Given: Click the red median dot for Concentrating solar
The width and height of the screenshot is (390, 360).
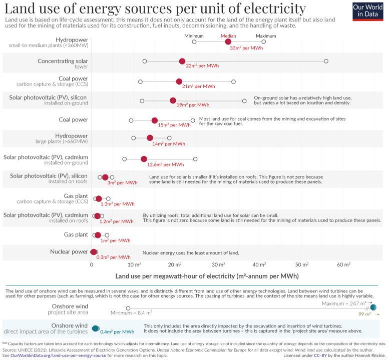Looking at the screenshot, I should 182,61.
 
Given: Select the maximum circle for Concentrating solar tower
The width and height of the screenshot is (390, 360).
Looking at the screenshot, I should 326,61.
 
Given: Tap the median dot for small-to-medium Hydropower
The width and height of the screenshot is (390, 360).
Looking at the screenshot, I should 228,41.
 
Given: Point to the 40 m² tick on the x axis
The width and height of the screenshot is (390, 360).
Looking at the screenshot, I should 259,263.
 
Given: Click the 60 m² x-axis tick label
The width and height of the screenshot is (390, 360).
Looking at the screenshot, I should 343,263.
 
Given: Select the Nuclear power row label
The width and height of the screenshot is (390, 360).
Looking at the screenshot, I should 69,251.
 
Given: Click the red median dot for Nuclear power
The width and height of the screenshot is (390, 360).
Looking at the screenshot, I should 94,251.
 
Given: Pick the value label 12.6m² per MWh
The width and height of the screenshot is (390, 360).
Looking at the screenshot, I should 165,164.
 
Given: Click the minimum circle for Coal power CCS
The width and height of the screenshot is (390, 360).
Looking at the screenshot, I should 140,81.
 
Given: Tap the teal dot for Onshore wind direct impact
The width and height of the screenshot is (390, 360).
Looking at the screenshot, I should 96,328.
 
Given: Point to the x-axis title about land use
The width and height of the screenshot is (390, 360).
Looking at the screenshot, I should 207,275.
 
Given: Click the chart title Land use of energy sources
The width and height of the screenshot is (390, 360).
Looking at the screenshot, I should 155,8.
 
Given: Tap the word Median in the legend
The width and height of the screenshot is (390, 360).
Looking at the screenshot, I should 228,36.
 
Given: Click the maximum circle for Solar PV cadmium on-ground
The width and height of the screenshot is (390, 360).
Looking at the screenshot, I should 195,159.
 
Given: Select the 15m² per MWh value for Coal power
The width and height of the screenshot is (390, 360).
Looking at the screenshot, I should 174,125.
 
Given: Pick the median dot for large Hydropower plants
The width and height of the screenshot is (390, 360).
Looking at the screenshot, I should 150,138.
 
